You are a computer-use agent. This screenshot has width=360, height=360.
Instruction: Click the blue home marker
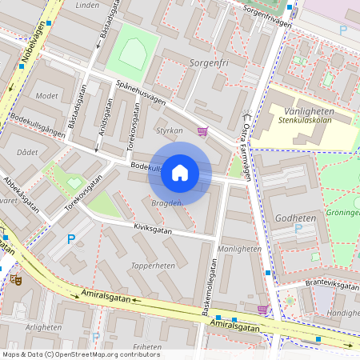180,173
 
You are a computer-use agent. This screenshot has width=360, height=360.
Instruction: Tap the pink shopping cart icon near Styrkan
203,132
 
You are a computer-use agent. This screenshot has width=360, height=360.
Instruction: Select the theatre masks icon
15,280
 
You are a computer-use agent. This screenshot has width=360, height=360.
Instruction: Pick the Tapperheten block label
153,266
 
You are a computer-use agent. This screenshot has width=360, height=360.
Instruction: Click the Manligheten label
240,249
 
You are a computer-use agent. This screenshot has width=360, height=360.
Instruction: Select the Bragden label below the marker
166,203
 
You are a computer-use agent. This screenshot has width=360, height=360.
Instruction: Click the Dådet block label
27,151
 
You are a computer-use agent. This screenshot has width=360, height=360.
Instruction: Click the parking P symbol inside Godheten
299,229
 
